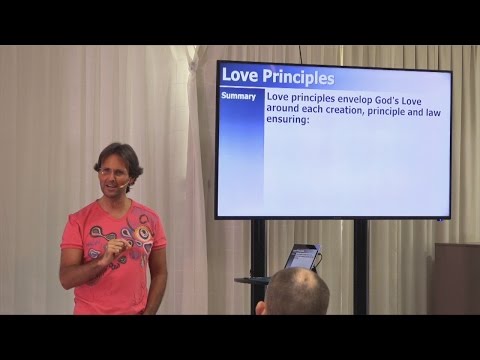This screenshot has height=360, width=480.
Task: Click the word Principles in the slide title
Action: pos(295,76)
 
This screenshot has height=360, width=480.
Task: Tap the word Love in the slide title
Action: pos(238,76)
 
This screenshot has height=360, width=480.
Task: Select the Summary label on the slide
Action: pos(240,97)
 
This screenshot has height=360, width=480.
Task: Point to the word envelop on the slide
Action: pos(353,98)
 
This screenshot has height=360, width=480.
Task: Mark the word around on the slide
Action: pos(287,110)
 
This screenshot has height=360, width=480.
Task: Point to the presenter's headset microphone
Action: pos(121,185)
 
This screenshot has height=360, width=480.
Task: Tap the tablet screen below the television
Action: pos(301,256)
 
